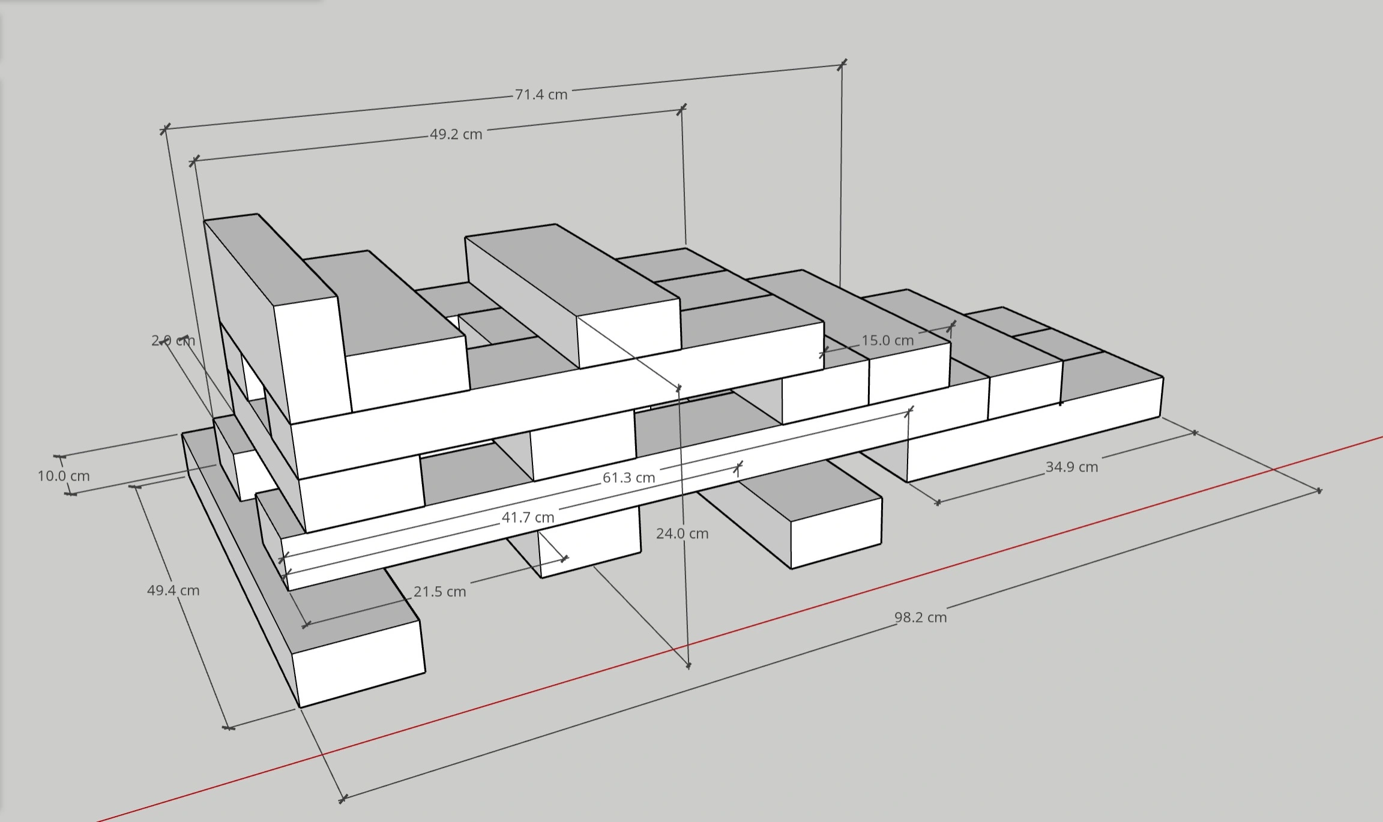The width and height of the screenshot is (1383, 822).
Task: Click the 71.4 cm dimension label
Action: tap(541, 95)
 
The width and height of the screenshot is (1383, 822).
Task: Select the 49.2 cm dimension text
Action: tap(456, 134)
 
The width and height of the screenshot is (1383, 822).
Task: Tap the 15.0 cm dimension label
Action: tap(887, 341)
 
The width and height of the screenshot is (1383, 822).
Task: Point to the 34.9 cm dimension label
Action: tap(1071, 467)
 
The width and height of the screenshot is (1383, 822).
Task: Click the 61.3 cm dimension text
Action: tap(628, 478)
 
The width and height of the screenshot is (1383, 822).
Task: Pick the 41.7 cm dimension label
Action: tap(528, 517)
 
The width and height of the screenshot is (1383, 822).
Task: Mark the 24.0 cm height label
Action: tap(682, 533)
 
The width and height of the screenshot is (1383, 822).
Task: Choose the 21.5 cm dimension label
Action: tap(439, 592)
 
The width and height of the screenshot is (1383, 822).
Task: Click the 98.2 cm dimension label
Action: tap(920, 617)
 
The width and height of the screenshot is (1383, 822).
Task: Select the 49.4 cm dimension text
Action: tap(173, 590)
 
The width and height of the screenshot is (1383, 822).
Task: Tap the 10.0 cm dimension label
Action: tap(64, 476)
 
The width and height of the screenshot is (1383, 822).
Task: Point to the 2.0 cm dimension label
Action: tap(173, 341)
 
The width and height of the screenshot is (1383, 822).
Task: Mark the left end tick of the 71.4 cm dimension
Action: tap(165, 128)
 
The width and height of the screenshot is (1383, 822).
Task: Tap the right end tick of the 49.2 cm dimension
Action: tap(681, 109)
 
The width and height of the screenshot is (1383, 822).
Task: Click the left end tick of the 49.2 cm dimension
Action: tap(194, 161)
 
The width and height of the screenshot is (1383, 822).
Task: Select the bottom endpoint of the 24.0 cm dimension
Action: tap(688, 665)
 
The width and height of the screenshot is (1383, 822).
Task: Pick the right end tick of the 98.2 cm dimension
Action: tap(1319, 491)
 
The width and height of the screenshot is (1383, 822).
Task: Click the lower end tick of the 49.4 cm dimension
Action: tap(229, 728)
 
